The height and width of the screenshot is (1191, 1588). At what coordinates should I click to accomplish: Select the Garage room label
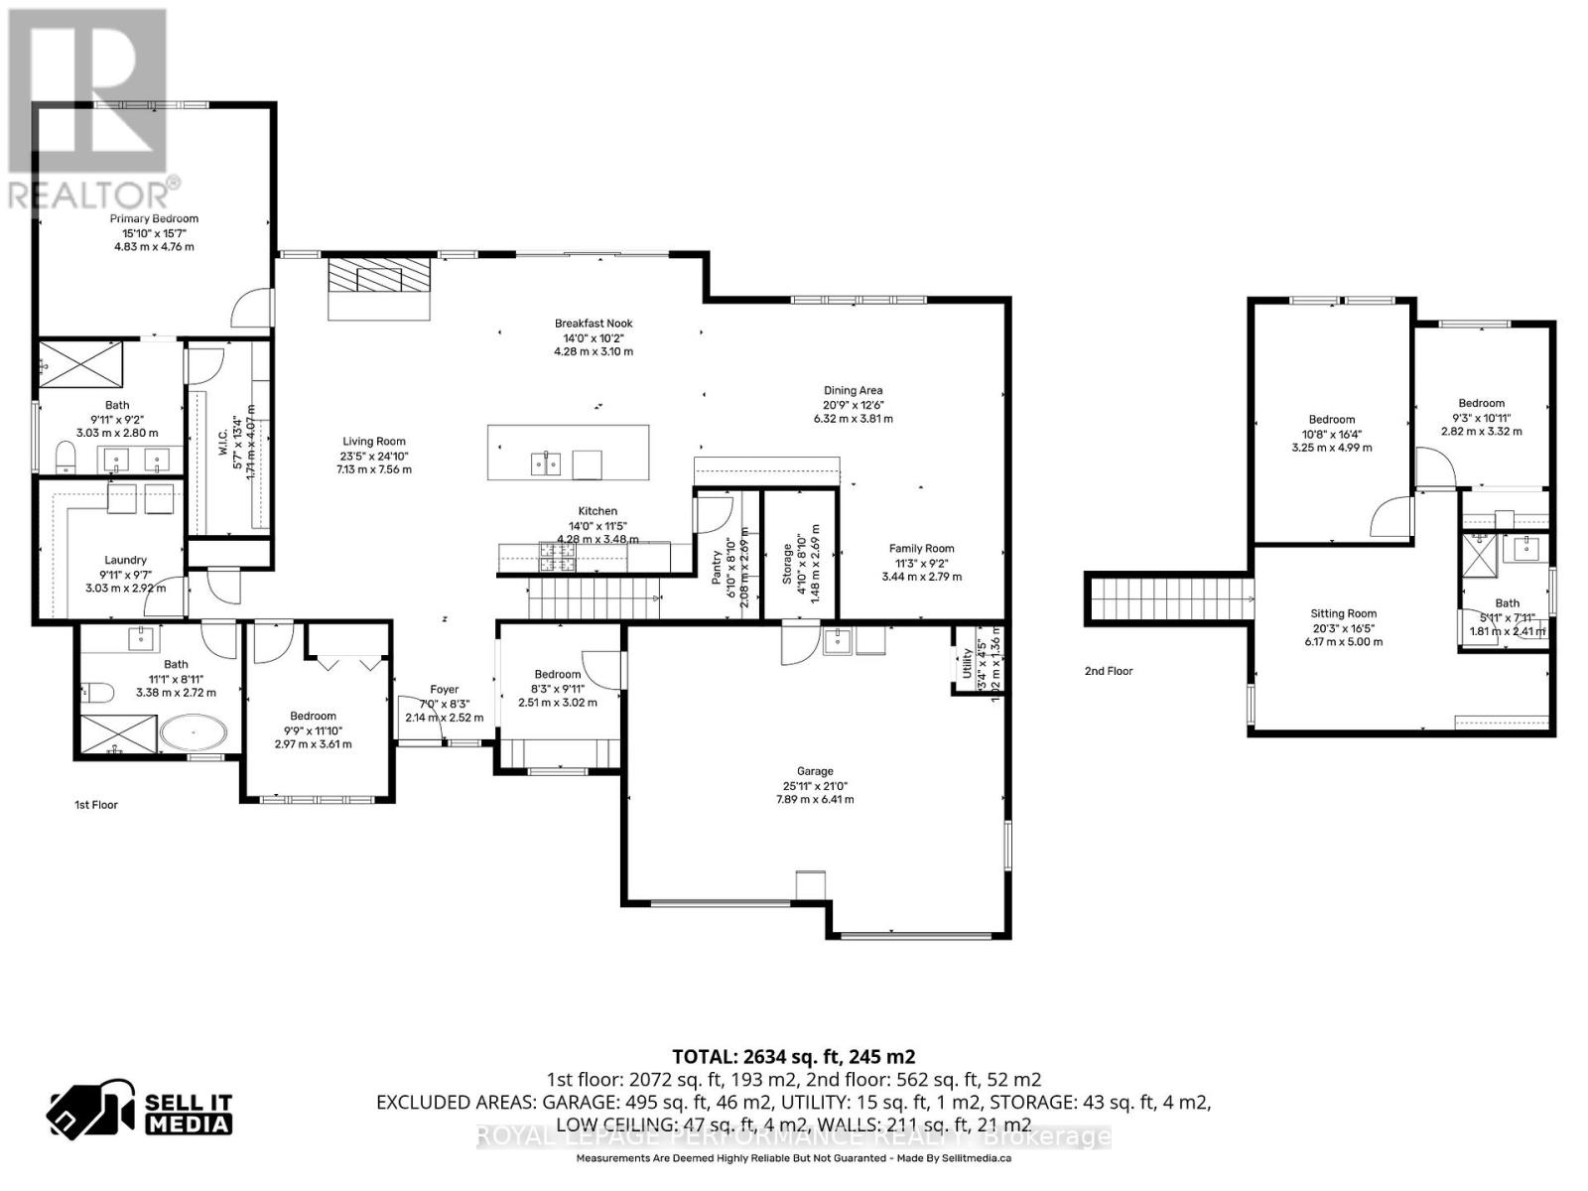tap(815, 771)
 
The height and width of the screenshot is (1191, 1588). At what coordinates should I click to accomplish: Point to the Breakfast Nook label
tap(594, 324)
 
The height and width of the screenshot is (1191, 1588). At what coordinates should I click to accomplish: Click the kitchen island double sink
tap(545, 463)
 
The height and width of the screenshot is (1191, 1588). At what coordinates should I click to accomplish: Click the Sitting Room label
tap(1343, 614)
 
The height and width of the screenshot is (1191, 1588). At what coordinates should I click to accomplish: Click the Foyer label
tap(445, 690)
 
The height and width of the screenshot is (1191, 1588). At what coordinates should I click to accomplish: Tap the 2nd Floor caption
tap(1109, 671)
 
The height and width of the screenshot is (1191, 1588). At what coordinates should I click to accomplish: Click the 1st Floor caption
tap(96, 805)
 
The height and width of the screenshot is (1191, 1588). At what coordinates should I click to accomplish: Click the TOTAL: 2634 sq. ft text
tap(793, 1056)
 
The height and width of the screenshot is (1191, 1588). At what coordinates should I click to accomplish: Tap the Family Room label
tap(921, 549)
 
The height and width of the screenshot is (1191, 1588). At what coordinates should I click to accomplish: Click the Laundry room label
tap(125, 561)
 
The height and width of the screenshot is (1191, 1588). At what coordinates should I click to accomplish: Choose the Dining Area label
tap(853, 391)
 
